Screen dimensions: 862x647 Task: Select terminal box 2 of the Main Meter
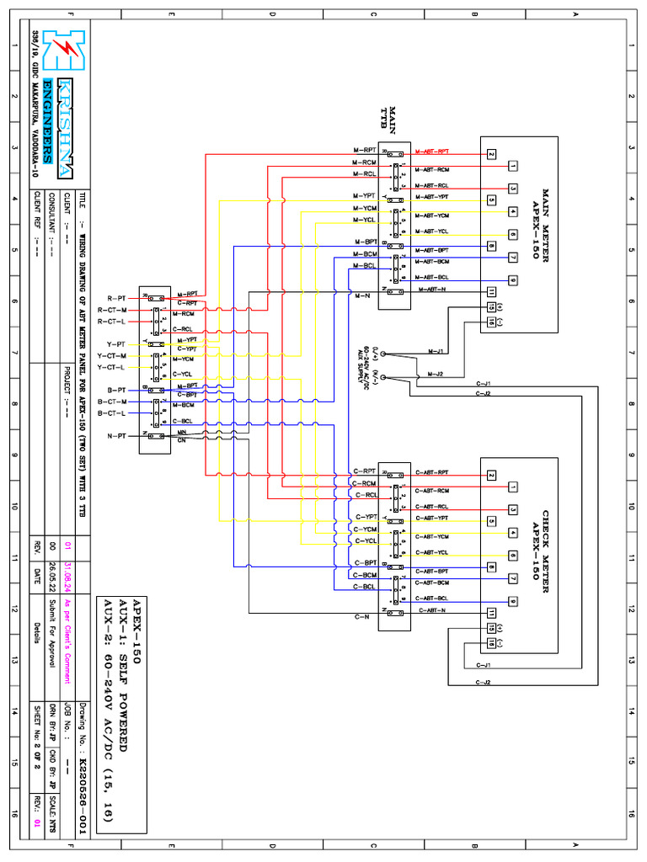point(491,153)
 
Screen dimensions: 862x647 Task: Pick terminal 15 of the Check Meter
point(491,628)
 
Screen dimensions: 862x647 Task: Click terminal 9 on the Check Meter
point(512,601)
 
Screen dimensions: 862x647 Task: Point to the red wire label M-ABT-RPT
point(432,152)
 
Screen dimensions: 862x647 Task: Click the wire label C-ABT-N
point(430,609)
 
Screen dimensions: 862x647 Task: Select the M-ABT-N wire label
point(432,290)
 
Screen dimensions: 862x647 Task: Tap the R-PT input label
point(116,298)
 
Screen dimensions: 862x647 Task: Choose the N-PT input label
point(116,436)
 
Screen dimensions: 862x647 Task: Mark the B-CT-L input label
point(111,413)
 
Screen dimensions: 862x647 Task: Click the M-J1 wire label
point(436,350)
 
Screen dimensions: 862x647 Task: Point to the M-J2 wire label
point(436,374)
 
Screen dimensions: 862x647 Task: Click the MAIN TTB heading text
point(387,120)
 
